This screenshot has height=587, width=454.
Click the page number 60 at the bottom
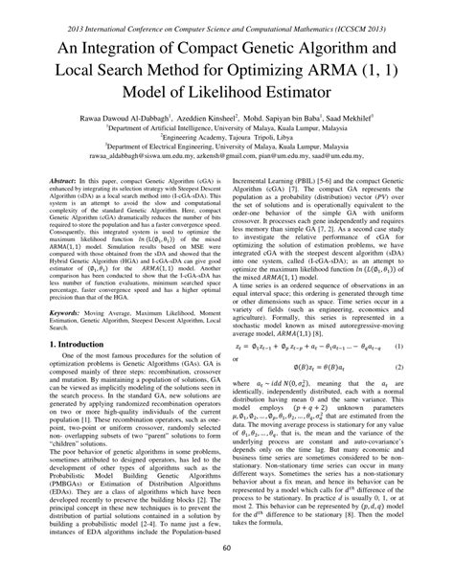[x=227, y=575]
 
